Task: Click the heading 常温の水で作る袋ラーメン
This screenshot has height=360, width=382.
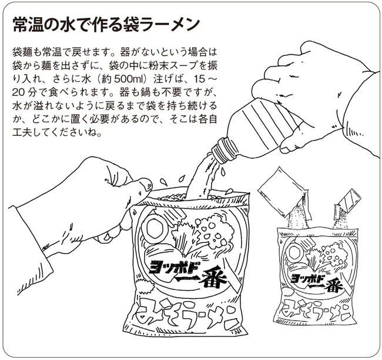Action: [x=106, y=25]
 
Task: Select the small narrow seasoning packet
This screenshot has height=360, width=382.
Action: [x=346, y=203]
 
